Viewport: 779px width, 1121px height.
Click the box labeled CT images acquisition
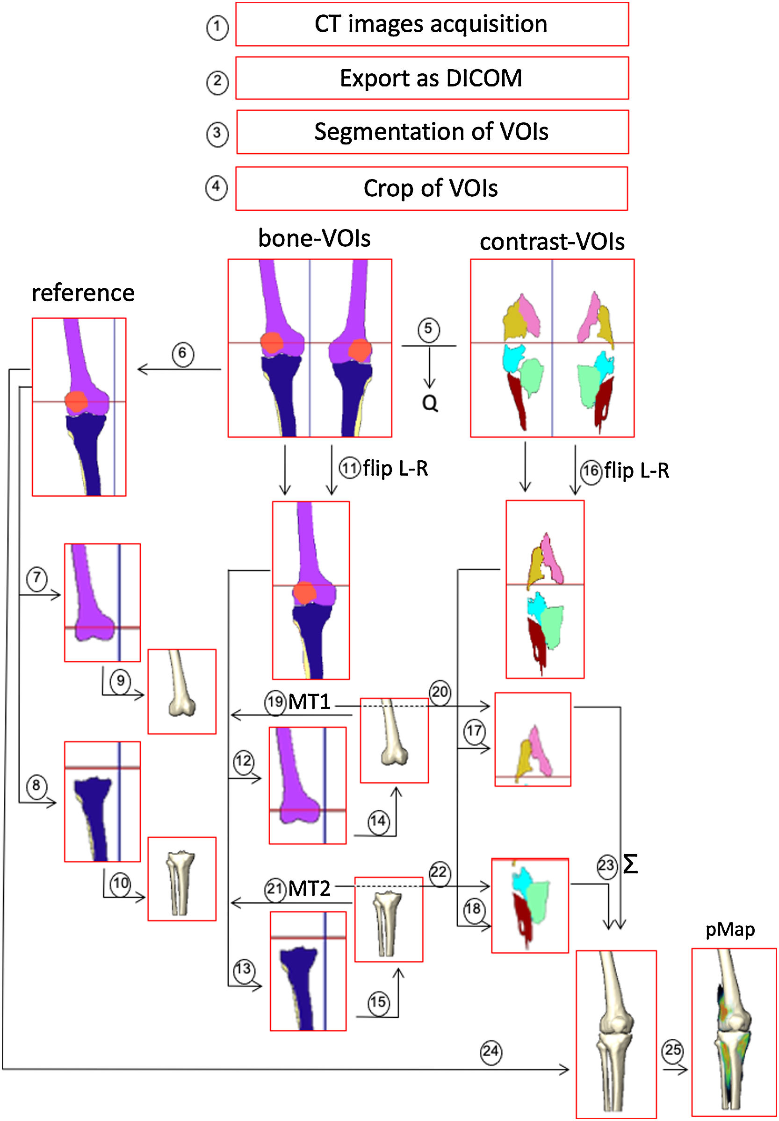432,24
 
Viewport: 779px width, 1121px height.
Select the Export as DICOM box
432,78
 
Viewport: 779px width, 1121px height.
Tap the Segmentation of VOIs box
432,132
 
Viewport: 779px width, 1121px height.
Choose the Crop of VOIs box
432,188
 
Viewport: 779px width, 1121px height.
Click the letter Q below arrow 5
430,403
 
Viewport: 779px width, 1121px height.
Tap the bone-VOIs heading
314,238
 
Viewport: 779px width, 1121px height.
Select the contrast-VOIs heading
552,242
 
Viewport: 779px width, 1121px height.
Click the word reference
83,293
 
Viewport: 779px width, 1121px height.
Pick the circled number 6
182,354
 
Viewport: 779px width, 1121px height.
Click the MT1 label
310,702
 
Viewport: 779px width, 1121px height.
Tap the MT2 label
310,888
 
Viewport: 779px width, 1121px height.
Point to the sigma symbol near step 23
631,864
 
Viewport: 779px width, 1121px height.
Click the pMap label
730,929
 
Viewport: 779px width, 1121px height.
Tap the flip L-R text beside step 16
636,471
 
